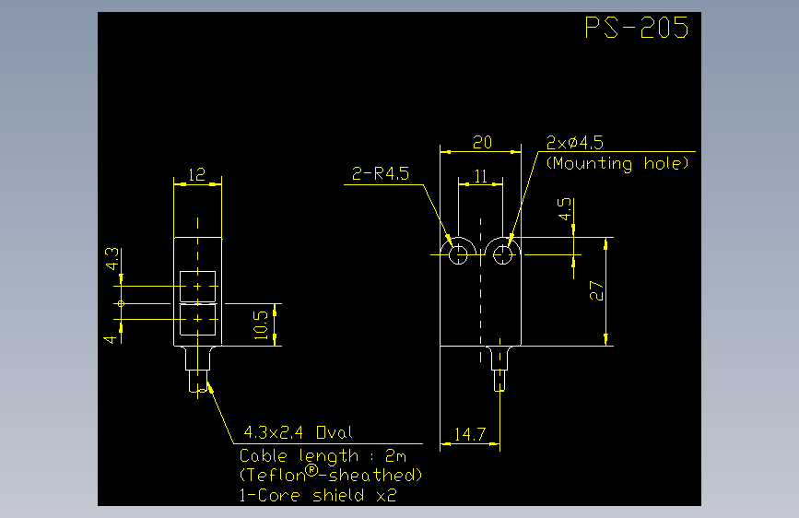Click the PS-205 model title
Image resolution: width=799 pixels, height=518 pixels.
(x=637, y=27)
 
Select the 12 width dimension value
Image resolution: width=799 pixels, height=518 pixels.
(x=196, y=175)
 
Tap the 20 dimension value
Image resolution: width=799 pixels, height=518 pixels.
(x=482, y=142)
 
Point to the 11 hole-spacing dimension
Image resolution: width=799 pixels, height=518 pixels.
(x=480, y=176)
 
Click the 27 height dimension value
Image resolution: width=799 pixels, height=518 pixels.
(x=596, y=290)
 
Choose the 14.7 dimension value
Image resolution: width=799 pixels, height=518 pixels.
(x=470, y=434)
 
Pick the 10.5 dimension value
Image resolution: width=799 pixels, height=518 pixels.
(x=261, y=324)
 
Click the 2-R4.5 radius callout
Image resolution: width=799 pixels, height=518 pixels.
(x=380, y=174)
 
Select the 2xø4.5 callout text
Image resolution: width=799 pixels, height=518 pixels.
(x=574, y=142)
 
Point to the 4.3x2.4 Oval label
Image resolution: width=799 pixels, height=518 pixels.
(x=298, y=433)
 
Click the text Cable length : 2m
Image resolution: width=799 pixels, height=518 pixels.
(x=323, y=456)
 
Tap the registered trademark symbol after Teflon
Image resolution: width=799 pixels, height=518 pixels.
(x=311, y=471)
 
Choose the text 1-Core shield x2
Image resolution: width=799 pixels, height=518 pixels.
(x=317, y=495)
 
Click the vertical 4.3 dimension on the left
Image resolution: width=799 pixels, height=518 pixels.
(x=112, y=259)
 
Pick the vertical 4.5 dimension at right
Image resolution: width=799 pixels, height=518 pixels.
(x=564, y=209)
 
